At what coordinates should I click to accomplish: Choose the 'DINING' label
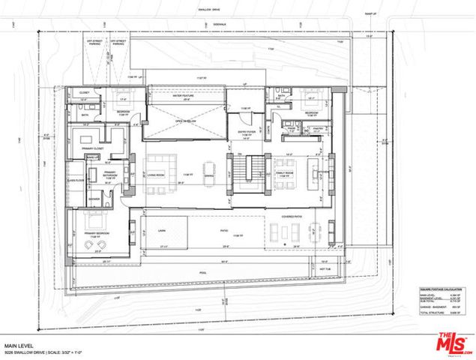pyautogui.click(x=209, y=175)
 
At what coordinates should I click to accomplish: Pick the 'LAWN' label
pyautogui.click(x=161, y=231)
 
